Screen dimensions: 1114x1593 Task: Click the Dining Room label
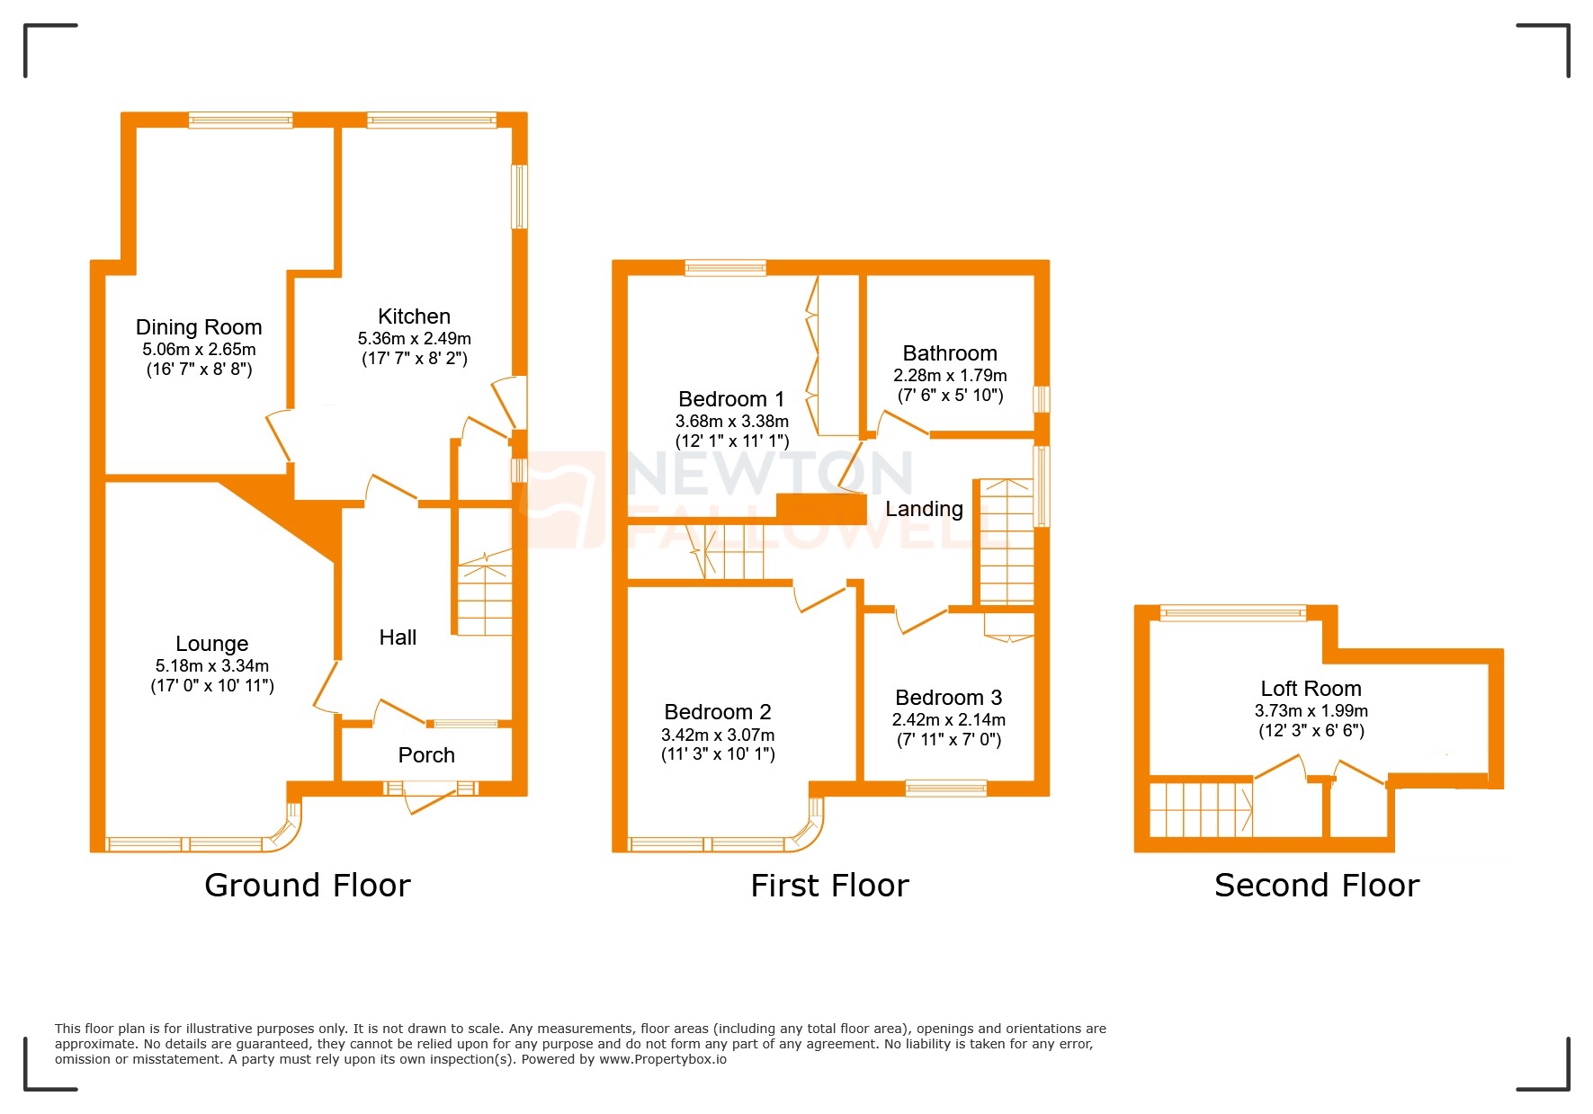[199, 327]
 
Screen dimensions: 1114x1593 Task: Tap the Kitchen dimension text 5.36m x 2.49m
[414, 339]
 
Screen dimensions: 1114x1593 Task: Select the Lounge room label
[211, 644]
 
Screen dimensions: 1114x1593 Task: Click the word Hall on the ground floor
[398, 637]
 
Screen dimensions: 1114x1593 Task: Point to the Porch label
[426, 755]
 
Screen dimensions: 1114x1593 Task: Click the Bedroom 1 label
[731, 399]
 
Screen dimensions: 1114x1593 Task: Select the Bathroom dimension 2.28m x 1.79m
[950, 376]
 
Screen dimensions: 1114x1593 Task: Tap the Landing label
[924, 509]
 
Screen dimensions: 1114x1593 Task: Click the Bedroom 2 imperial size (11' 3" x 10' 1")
[718, 754]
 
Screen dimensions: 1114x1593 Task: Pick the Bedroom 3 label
[948, 698]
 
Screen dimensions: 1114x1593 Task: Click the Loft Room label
[1311, 689]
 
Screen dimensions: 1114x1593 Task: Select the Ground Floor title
[308, 886]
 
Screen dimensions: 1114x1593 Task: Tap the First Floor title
[829, 886]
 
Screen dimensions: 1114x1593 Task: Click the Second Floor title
[1316, 886]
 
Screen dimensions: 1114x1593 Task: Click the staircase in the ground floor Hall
[485, 598]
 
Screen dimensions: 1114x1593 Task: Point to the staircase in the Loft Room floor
[1201, 808]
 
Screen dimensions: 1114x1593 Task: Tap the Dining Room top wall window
[240, 120]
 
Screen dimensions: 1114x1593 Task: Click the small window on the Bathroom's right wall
[1042, 399]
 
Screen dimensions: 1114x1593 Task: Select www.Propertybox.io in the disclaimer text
[662, 1059]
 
